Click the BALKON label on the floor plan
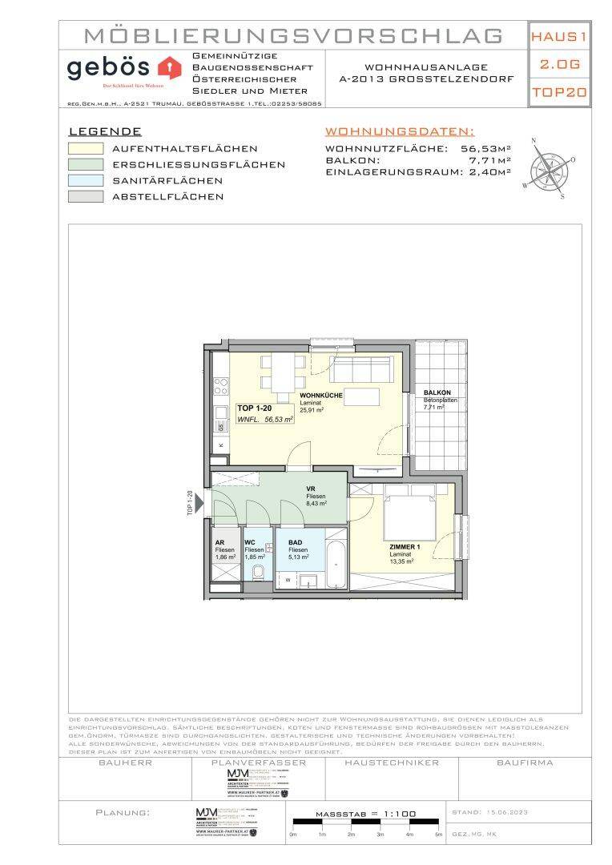(x=437, y=392)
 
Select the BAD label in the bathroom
(x=296, y=542)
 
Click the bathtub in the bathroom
(x=336, y=565)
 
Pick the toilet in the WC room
(x=257, y=573)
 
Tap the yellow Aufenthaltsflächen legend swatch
(x=86, y=148)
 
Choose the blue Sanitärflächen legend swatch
(x=86, y=180)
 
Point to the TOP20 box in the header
(x=559, y=92)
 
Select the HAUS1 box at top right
(x=559, y=36)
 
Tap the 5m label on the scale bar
(x=438, y=835)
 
